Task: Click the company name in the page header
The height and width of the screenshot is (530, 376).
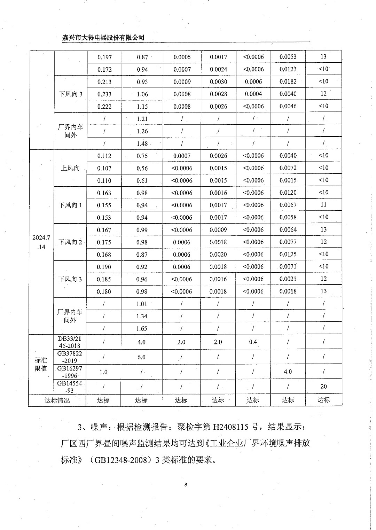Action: (103, 38)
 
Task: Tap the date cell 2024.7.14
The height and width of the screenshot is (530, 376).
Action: (41, 242)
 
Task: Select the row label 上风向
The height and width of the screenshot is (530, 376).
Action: (70, 168)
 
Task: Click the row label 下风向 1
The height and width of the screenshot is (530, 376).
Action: (70, 205)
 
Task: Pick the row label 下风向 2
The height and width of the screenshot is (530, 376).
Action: (70, 242)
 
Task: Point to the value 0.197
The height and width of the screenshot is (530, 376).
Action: (104, 57)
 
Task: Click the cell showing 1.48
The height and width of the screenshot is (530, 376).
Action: (142, 143)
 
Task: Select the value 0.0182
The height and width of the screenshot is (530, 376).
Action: (288, 81)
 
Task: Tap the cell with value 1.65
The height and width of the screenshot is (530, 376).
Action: (142, 328)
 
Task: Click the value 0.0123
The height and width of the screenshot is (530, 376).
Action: (288, 69)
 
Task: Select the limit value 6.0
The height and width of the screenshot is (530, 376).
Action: (141, 357)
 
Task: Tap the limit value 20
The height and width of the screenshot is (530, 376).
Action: (323, 386)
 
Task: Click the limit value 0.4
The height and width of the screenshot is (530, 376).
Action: (253, 342)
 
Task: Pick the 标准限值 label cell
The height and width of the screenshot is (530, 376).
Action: (41, 364)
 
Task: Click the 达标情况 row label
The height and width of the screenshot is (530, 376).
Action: (57, 400)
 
